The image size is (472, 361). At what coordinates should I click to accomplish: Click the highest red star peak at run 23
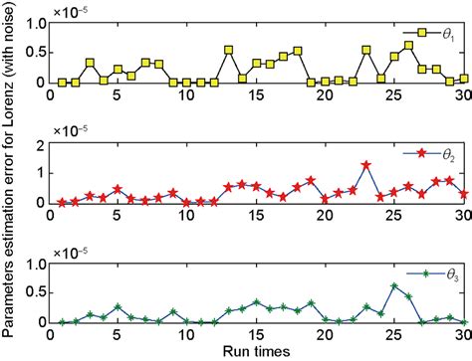tap(367, 165)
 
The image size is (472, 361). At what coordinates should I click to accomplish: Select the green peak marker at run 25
tap(394, 286)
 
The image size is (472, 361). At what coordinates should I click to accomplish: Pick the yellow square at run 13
tap(229, 49)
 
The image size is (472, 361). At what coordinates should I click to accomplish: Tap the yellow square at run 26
tap(408, 46)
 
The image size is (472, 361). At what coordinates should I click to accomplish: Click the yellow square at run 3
tap(91, 63)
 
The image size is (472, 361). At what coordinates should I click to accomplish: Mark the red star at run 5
tap(118, 189)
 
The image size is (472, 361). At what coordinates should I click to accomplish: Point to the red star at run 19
tap(312, 180)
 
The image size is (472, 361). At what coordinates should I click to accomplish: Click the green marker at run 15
tap(256, 302)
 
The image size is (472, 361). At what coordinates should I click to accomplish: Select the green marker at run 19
tap(312, 302)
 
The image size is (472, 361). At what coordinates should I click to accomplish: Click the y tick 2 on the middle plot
tap(40, 145)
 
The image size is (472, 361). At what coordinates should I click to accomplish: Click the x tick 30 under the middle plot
tap(463, 216)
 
